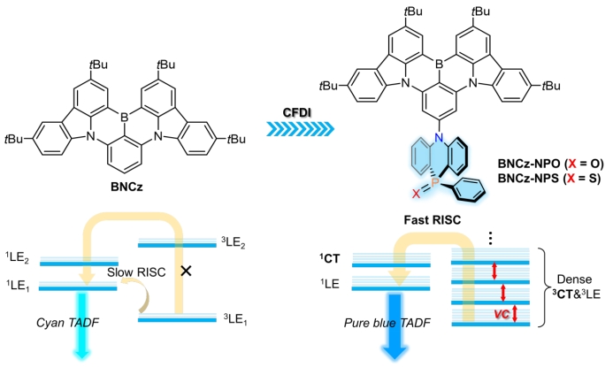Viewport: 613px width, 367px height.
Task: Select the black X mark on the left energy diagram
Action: click(187, 271)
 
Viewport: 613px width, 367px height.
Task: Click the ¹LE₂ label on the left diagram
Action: click(19, 259)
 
